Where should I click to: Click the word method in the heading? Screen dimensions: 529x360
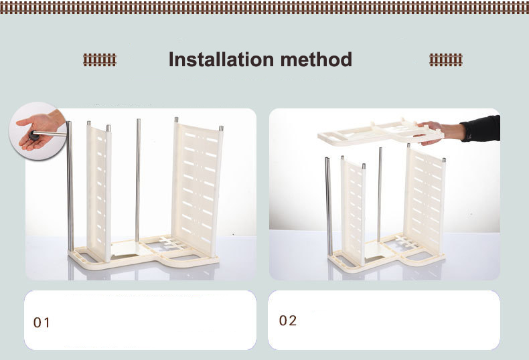(x=316, y=60)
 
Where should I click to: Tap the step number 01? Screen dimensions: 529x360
(x=42, y=323)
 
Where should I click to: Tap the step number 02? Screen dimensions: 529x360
(x=288, y=321)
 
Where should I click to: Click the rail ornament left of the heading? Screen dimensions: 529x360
(x=100, y=60)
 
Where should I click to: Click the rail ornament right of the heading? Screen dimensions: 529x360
(x=446, y=60)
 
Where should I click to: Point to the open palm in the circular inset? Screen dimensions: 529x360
(x=39, y=130)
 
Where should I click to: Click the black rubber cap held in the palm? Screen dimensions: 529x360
(x=33, y=136)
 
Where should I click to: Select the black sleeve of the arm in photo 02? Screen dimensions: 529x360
(x=481, y=128)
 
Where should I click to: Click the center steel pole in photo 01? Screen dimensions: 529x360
(x=138, y=180)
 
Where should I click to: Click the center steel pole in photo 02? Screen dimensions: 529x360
(x=380, y=195)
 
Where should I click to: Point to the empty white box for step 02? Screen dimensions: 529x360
(x=384, y=321)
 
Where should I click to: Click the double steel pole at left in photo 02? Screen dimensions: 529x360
(x=329, y=206)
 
